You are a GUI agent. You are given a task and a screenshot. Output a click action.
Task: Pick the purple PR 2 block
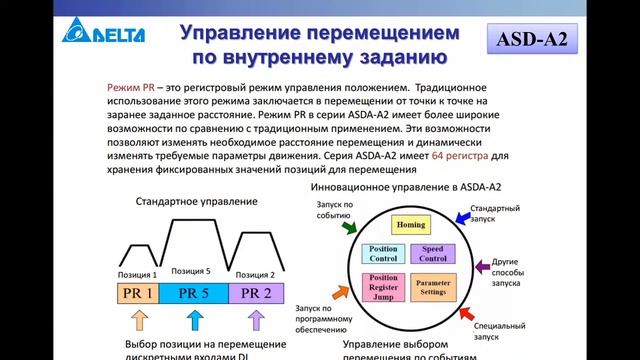[257, 293]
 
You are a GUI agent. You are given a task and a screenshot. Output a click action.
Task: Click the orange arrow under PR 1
[139, 321]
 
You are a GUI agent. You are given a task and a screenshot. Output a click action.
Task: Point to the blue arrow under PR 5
[196, 321]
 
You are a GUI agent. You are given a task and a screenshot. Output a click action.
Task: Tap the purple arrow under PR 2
[256, 321]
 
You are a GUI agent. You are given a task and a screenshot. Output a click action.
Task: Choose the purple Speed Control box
[434, 254]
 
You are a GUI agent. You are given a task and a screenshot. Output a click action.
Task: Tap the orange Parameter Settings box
[434, 288]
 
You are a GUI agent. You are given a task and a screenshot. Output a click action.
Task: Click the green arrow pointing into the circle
[348, 228]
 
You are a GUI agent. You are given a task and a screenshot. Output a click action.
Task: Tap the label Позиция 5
[191, 270]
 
